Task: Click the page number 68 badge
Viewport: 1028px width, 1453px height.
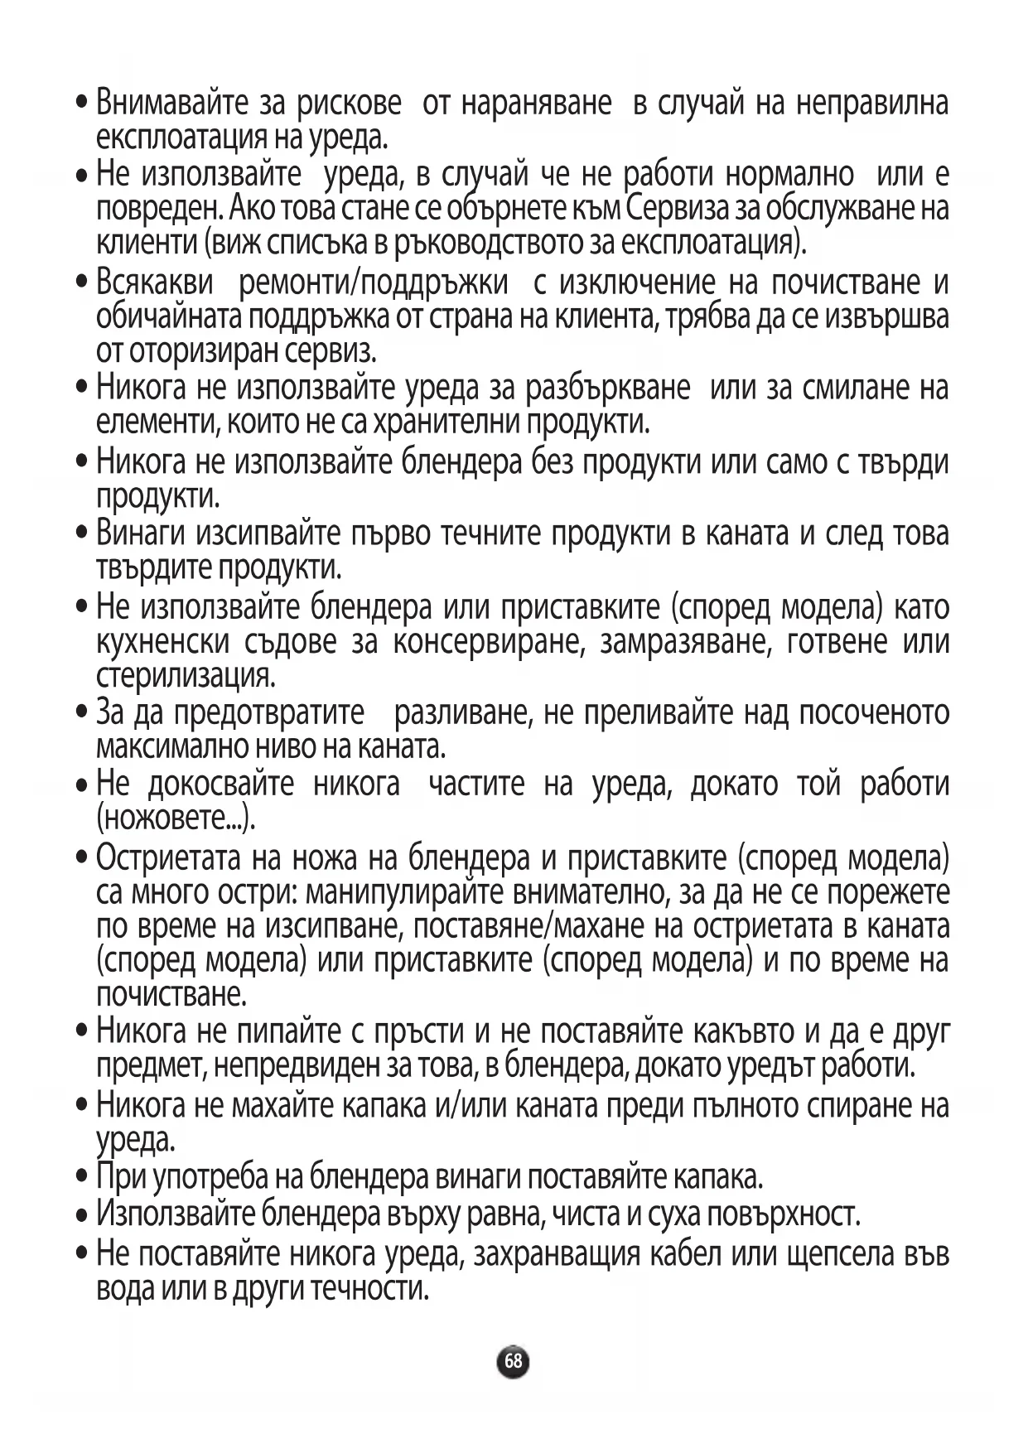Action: coord(514,1360)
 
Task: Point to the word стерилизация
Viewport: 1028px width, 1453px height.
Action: coord(185,677)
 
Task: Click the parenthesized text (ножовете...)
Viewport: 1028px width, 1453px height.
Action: coord(176,819)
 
